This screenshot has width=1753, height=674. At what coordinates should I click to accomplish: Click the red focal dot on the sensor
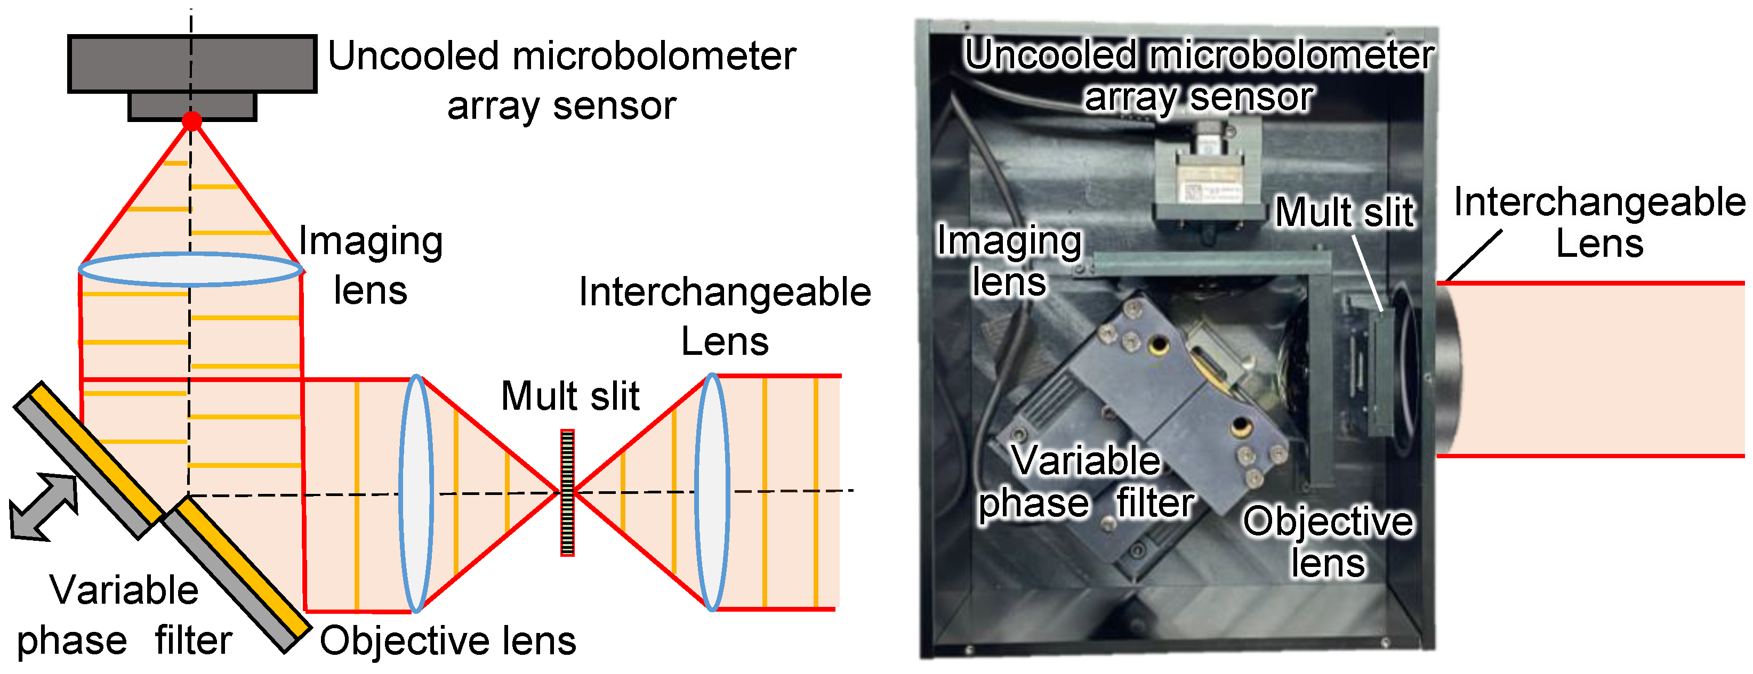tap(192, 121)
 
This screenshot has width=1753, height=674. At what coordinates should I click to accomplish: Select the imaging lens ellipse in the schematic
tap(190, 269)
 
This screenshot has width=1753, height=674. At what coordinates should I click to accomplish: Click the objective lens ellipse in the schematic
tap(416, 493)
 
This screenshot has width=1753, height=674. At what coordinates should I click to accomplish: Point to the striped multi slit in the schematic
tap(567, 492)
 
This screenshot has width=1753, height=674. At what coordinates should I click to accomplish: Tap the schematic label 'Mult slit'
tap(570, 396)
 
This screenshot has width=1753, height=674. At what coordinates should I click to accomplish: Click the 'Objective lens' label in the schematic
tap(448, 640)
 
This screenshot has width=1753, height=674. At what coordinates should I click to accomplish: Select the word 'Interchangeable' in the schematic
tap(725, 293)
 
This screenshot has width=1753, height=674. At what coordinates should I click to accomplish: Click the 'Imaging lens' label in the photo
tap(1009, 261)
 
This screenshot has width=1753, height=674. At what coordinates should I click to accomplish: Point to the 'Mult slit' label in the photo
tap(1345, 212)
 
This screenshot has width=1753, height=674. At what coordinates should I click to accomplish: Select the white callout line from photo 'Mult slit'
tap(1366, 272)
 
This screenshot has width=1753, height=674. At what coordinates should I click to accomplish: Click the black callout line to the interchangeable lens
tap(1473, 256)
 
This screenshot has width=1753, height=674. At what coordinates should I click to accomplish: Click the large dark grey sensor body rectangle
tap(192, 63)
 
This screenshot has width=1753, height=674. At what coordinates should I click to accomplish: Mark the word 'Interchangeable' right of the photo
tap(1599, 202)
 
